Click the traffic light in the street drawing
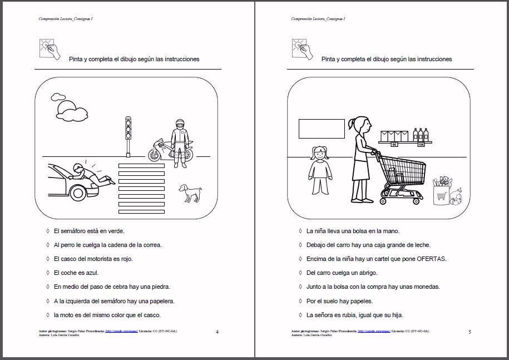(128, 129)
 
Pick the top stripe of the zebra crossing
(142, 165)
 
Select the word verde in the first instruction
(116, 231)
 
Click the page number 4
(217, 332)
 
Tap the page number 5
(470, 332)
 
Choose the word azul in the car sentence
(91, 273)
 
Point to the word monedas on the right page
(427, 287)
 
